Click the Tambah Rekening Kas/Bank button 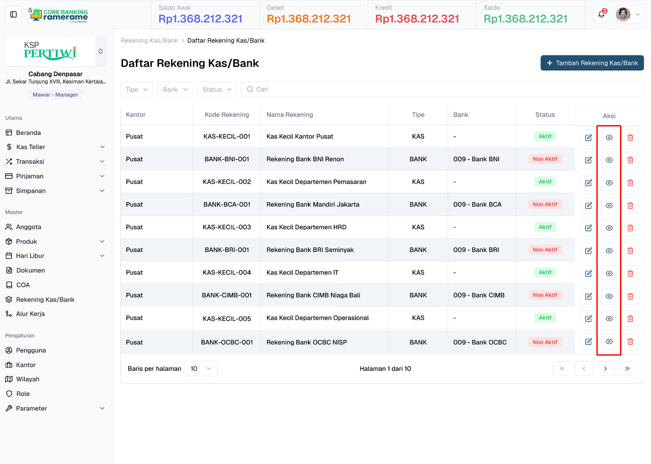[x=592, y=63]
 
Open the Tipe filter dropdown [x=136, y=89]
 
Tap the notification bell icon [x=601, y=15]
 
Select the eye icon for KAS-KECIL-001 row [x=609, y=138]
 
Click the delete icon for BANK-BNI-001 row [x=630, y=160]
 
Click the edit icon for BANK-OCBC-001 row [x=588, y=341]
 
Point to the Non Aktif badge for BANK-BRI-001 [x=545, y=250]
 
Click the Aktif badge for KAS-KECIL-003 [x=545, y=227]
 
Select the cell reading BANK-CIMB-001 [x=227, y=295]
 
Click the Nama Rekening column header [x=289, y=115]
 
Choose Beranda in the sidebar [x=28, y=133]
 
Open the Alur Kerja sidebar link [x=30, y=314]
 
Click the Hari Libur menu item [x=30, y=256]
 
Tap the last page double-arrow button [x=627, y=369]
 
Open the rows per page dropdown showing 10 [x=201, y=369]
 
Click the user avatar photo [x=623, y=15]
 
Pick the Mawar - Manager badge [x=55, y=95]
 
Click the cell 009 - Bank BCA [x=477, y=205]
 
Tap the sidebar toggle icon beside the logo [x=13, y=15]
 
